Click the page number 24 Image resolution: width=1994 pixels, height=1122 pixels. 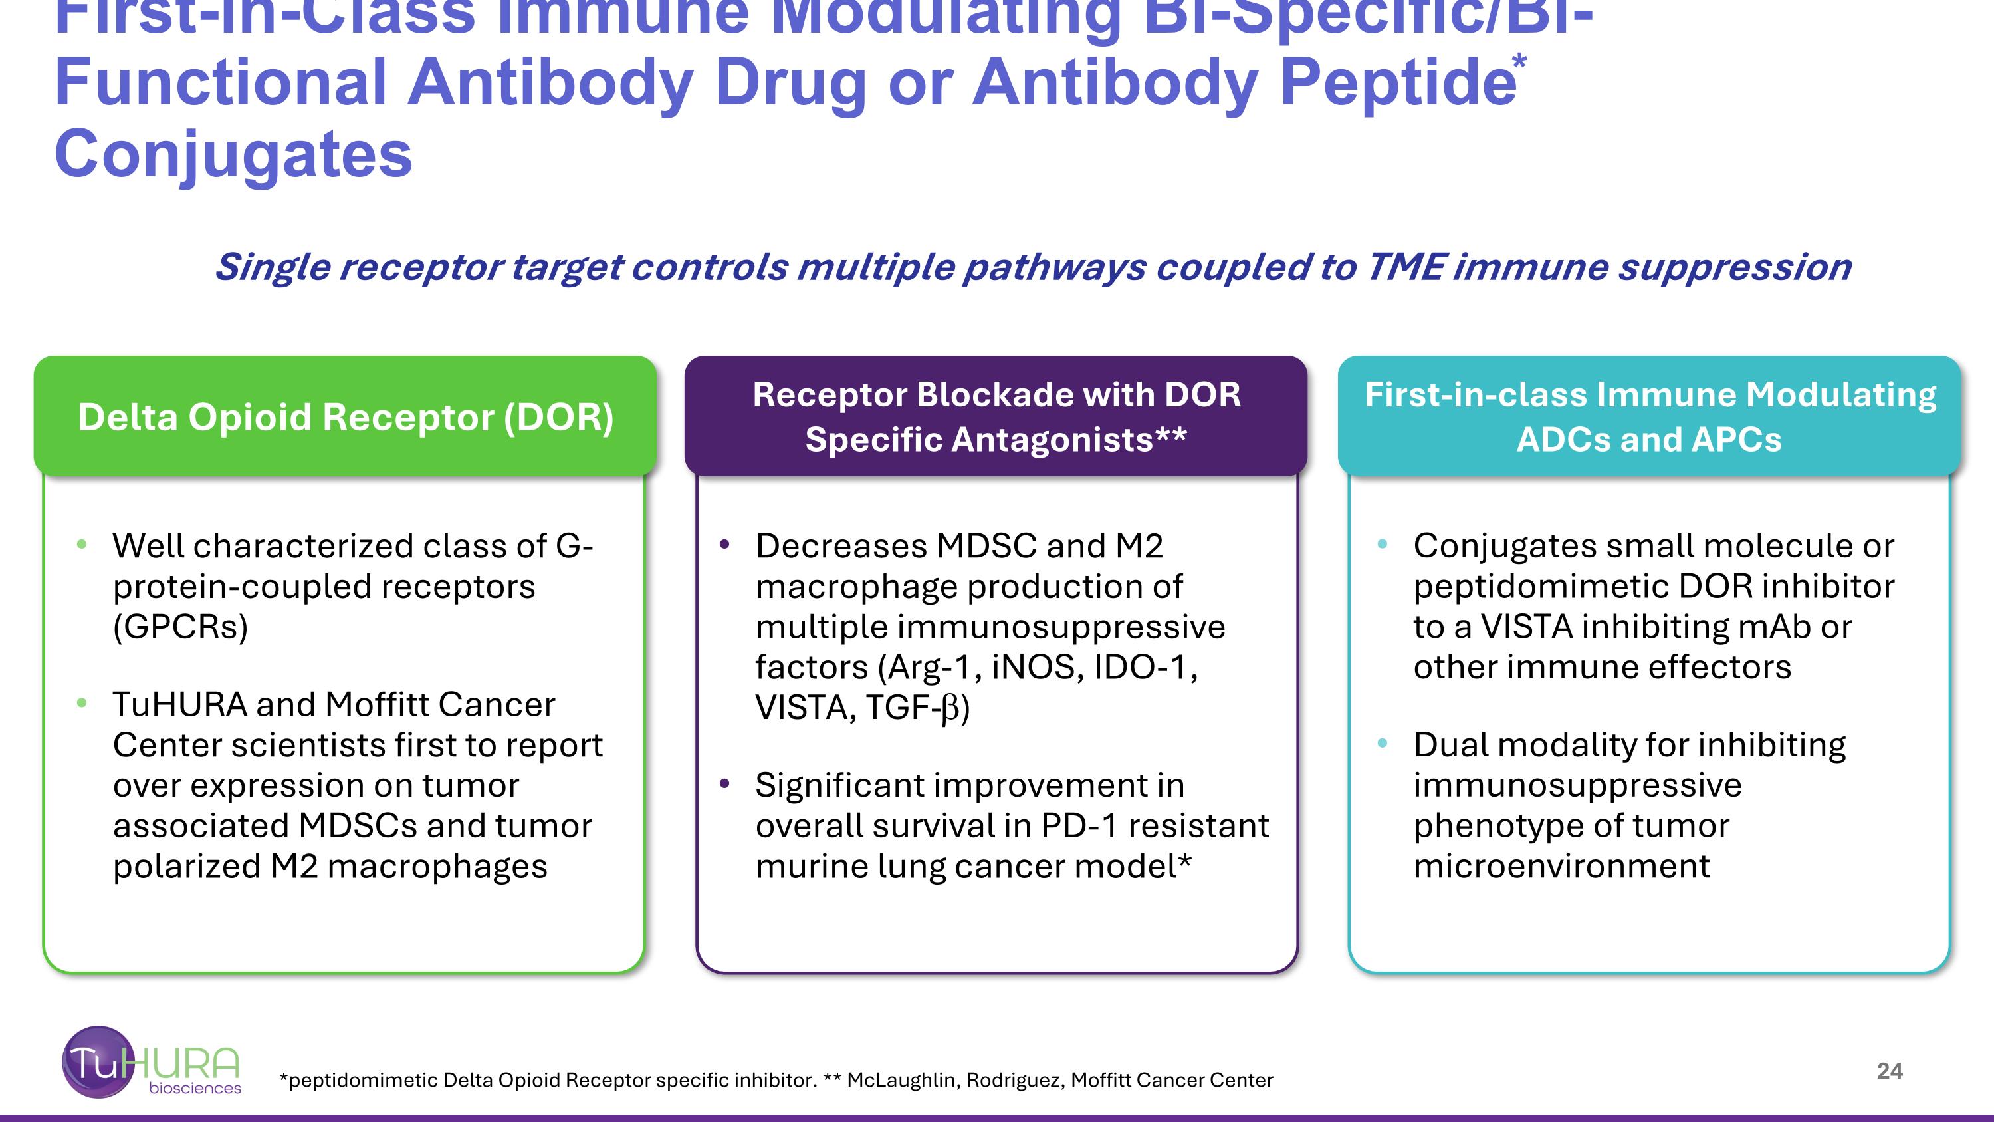(1889, 1071)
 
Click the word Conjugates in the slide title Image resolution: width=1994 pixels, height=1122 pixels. (233, 154)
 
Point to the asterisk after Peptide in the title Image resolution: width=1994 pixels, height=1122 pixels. (1520, 61)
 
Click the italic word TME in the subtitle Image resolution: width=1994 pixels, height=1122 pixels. (1404, 267)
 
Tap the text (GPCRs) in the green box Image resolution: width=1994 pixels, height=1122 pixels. (180, 627)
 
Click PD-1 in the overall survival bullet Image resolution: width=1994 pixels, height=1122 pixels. (1079, 825)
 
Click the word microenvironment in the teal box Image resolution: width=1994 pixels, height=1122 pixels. (1561, 866)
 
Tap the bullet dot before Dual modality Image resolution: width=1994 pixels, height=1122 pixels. (1383, 744)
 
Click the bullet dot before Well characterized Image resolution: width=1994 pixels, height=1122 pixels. (82, 545)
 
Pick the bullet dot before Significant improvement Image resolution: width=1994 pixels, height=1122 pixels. (724, 784)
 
